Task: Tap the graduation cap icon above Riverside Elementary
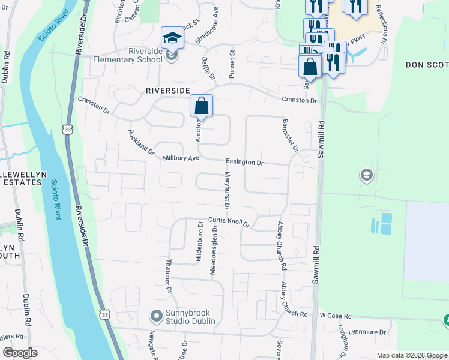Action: click(x=172, y=38)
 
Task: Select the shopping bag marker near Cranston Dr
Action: click(x=202, y=106)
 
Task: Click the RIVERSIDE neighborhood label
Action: click(x=168, y=90)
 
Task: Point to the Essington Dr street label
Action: click(x=244, y=162)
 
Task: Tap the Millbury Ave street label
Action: click(x=181, y=158)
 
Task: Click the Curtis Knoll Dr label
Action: click(x=229, y=222)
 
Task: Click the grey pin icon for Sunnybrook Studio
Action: click(x=157, y=315)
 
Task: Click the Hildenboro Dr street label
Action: click(x=199, y=241)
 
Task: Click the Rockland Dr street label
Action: click(x=142, y=142)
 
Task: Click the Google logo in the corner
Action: click(x=20, y=353)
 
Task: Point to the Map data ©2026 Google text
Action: click(x=411, y=355)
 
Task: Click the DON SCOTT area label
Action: click(x=427, y=64)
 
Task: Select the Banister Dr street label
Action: click(x=290, y=135)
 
